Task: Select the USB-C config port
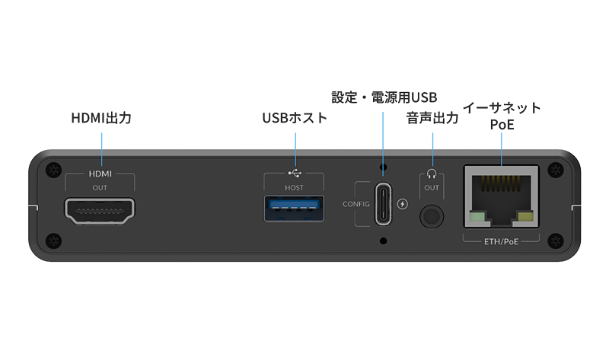click(x=383, y=204)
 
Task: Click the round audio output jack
click(x=432, y=216)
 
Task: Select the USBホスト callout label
click(x=295, y=119)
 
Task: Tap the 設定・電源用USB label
click(x=384, y=97)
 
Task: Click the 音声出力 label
click(x=432, y=119)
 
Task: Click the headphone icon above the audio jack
click(x=432, y=173)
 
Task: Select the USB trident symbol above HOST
click(x=294, y=173)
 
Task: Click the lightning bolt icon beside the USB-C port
click(x=403, y=204)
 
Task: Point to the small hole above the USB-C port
click(x=383, y=167)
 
